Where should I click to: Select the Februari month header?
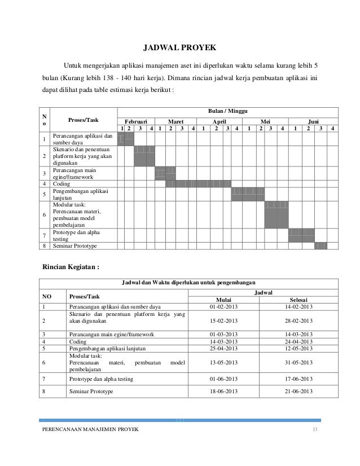pyautogui.click(x=135, y=121)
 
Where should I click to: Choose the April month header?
pyautogui.click(x=219, y=121)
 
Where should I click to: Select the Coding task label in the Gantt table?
pyautogui.click(x=62, y=183)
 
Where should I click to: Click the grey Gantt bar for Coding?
pyautogui.click(x=198, y=183)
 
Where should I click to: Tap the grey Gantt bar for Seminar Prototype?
pyautogui.click(x=321, y=245)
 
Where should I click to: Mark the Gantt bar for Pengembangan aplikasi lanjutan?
pyautogui.click(x=248, y=194)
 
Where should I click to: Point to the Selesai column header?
pyautogui.click(x=298, y=299)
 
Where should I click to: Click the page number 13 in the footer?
pyautogui.click(x=314, y=430)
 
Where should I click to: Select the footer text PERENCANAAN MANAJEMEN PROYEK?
pyautogui.click(x=90, y=430)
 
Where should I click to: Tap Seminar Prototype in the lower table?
pyautogui.click(x=90, y=391)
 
